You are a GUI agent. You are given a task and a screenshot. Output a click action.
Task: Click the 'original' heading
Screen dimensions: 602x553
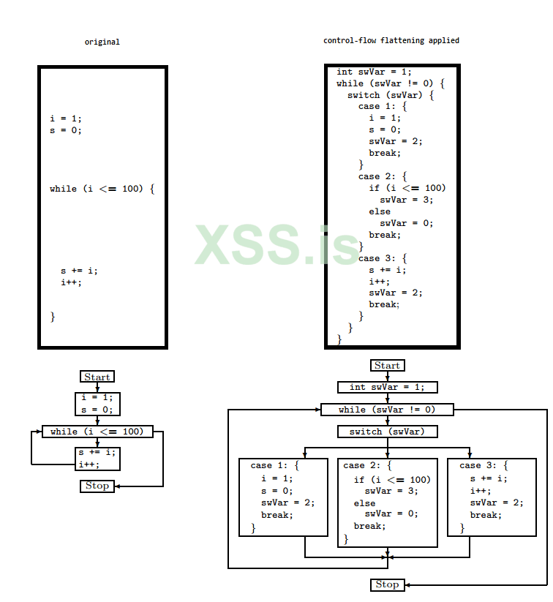tap(102, 42)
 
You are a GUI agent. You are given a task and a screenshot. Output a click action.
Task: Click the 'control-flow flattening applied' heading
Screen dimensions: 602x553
tap(391, 41)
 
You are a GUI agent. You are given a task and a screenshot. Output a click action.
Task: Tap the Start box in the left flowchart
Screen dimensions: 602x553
tap(97, 377)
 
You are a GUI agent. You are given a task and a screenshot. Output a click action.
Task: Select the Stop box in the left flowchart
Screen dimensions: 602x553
tap(97, 486)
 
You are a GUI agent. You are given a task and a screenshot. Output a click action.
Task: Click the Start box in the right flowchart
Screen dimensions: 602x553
tap(387, 365)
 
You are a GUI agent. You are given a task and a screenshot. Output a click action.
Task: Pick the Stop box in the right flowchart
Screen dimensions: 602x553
tap(387, 584)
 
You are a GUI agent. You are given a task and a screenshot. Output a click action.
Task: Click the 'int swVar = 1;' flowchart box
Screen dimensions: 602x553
tap(387, 387)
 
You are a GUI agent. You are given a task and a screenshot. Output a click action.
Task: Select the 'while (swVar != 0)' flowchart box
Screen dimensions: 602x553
tap(387, 410)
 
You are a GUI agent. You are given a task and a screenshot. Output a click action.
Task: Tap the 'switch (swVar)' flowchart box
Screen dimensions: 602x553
tap(387, 432)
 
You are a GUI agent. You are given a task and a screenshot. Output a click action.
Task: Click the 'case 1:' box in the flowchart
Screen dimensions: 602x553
tap(283, 497)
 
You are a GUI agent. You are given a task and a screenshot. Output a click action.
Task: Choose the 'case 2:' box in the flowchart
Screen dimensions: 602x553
tap(387, 503)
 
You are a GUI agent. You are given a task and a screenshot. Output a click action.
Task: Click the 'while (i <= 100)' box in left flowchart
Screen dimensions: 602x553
tap(97, 432)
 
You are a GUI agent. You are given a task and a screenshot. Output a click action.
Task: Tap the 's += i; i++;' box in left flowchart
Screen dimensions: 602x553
tap(97, 459)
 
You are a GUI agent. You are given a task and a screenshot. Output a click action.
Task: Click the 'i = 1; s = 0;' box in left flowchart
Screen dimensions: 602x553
tap(97, 404)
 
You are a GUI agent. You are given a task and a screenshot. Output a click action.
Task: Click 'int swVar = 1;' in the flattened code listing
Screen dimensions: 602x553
tap(374, 72)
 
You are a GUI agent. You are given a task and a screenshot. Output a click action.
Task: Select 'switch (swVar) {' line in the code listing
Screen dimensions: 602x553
tap(391, 95)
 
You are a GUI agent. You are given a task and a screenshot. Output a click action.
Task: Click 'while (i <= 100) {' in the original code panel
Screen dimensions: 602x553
tap(102, 189)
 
